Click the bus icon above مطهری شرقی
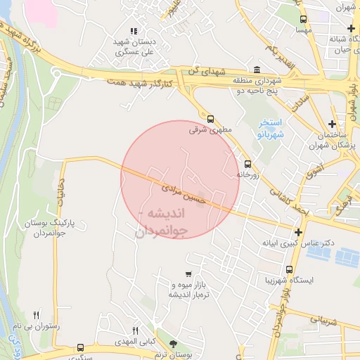click(x=210, y=118)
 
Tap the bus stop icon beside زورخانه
click(x=247, y=163)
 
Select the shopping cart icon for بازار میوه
click(x=188, y=274)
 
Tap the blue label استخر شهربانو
click(x=271, y=128)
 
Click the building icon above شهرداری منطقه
click(x=256, y=70)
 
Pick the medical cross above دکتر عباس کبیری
click(x=300, y=233)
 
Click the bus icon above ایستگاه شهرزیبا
click(x=289, y=269)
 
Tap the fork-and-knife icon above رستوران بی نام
click(x=37, y=314)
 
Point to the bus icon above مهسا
click(x=303, y=20)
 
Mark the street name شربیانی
click(x=324, y=321)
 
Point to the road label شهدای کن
click(x=205, y=71)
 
